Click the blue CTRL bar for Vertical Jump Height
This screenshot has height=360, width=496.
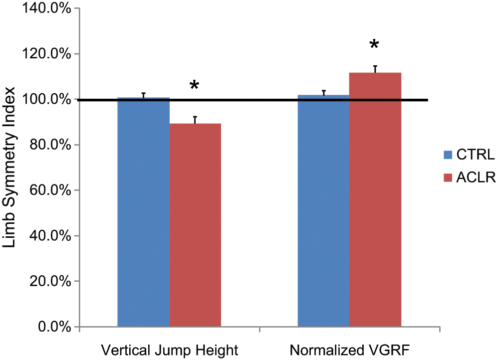point(144,212)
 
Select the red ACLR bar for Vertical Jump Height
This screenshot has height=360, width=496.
point(195,225)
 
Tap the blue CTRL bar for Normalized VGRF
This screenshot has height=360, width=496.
point(324,210)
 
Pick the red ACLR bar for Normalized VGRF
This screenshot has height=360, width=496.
point(375,199)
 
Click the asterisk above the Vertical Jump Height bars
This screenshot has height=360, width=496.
point(194,85)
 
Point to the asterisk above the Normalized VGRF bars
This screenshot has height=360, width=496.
point(374,44)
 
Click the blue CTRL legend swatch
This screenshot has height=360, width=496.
point(448,155)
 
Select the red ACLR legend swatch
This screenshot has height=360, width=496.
point(448,178)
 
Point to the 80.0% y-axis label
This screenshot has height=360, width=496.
point(50,145)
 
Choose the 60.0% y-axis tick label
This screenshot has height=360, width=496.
point(50,190)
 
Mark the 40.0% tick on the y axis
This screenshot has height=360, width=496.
point(50,236)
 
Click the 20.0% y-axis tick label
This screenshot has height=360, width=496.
point(50,281)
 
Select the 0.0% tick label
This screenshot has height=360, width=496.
point(54,327)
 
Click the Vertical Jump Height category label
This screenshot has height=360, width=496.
point(170,351)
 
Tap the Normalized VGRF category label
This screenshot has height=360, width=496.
point(349,350)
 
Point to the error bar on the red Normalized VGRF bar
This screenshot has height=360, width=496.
point(375,69)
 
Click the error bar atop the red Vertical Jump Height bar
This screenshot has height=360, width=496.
point(195,120)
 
